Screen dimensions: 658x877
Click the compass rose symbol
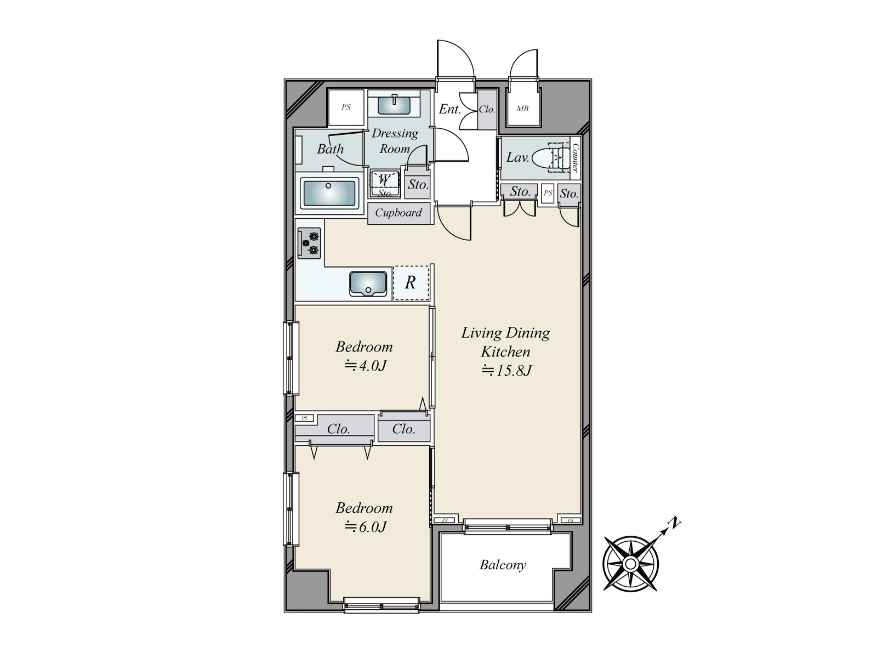pos(631,564)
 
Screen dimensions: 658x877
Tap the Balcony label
pos(503,565)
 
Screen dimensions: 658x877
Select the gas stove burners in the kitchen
pos(309,243)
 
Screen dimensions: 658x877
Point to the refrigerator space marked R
pos(411,283)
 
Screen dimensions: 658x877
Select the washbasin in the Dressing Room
pos(394,104)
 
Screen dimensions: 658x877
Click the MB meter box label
pos(522,109)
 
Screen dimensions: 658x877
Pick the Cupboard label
pos(398,213)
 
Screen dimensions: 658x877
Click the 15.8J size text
pos(506,371)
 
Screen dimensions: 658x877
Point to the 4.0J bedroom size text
pos(366,366)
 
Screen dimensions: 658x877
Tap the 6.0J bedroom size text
pos(366,527)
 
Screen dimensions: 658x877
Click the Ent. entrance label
pos(449,109)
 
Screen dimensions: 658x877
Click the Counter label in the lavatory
pos(575,157)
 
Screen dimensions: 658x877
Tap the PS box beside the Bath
pos(346,107)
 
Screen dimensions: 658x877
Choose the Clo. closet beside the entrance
pos(487,110)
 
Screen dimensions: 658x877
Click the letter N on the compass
pos(676,523)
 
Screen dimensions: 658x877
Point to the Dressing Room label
pos(395,141)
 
